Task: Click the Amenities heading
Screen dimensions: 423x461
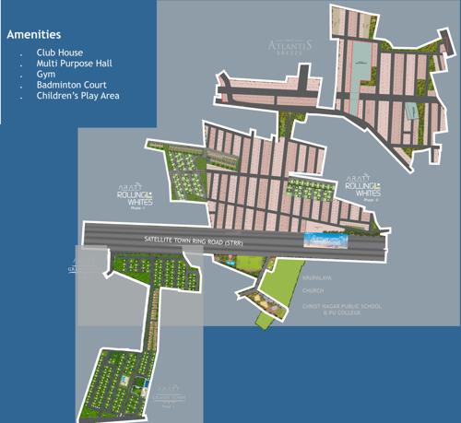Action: click(41, 34)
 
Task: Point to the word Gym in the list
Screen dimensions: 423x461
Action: click(44, 76)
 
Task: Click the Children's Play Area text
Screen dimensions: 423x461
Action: click(78, 96)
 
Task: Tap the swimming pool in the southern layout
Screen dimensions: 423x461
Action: click(127, 379)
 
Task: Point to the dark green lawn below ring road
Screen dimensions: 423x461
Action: click(244, 262)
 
